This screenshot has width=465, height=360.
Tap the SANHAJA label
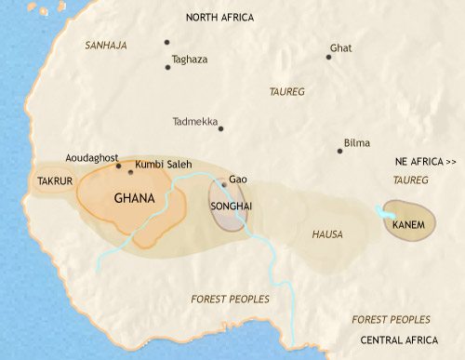104,45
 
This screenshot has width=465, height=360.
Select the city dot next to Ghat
328,57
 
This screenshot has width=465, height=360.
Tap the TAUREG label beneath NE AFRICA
410,178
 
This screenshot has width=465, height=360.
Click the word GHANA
133,198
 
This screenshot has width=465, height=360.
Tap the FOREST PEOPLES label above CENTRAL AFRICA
392,319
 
